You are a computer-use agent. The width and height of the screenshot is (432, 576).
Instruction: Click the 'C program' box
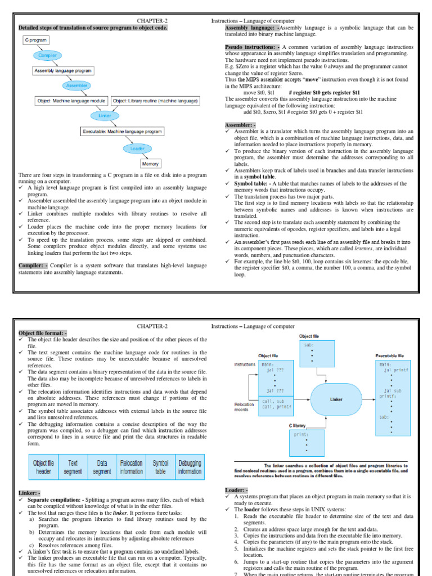click(x=35, y=40)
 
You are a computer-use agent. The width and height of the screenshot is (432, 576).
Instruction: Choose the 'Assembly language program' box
click(x=63, y=71)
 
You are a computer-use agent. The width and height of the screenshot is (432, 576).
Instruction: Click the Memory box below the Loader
click(x=150, y=164)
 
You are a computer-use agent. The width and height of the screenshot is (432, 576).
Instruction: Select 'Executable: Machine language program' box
click(x=122, y=131)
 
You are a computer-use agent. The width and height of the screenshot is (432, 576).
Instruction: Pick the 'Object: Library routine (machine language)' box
click(x=155, y=101)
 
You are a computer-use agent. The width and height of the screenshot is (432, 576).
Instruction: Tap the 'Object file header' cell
click(x=44, y=467)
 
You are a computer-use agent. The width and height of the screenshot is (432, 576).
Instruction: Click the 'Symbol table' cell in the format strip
click(x=160, y=467)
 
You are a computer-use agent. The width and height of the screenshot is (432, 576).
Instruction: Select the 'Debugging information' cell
click(x=190, y=467)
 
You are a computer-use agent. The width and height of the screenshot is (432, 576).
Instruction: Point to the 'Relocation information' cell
click(x=131, y=467)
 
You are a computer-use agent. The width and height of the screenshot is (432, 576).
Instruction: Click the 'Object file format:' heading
click(x=43, y=333)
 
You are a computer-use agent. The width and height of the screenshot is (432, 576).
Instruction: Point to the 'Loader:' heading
click(x=236, y=490)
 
